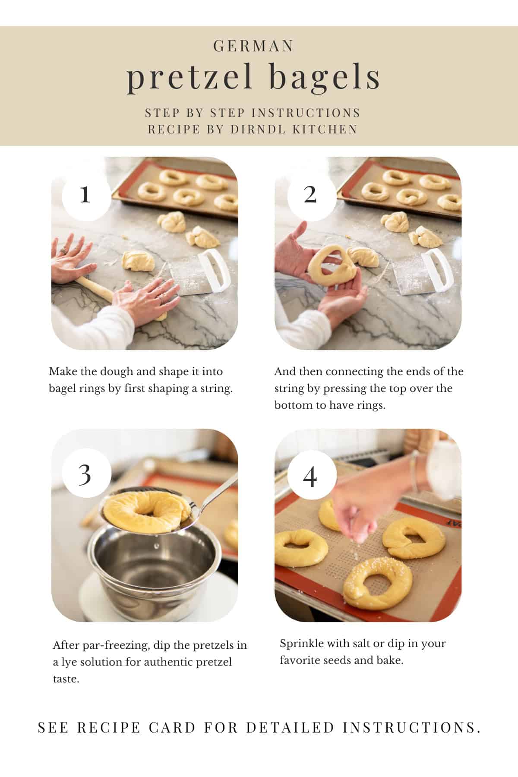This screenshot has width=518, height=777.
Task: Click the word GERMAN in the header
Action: pos(254,46)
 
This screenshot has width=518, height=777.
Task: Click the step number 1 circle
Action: pos(85,195)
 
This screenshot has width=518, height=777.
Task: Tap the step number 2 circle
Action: pos(310,195)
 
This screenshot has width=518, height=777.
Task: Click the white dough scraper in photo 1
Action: pos(203,272)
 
